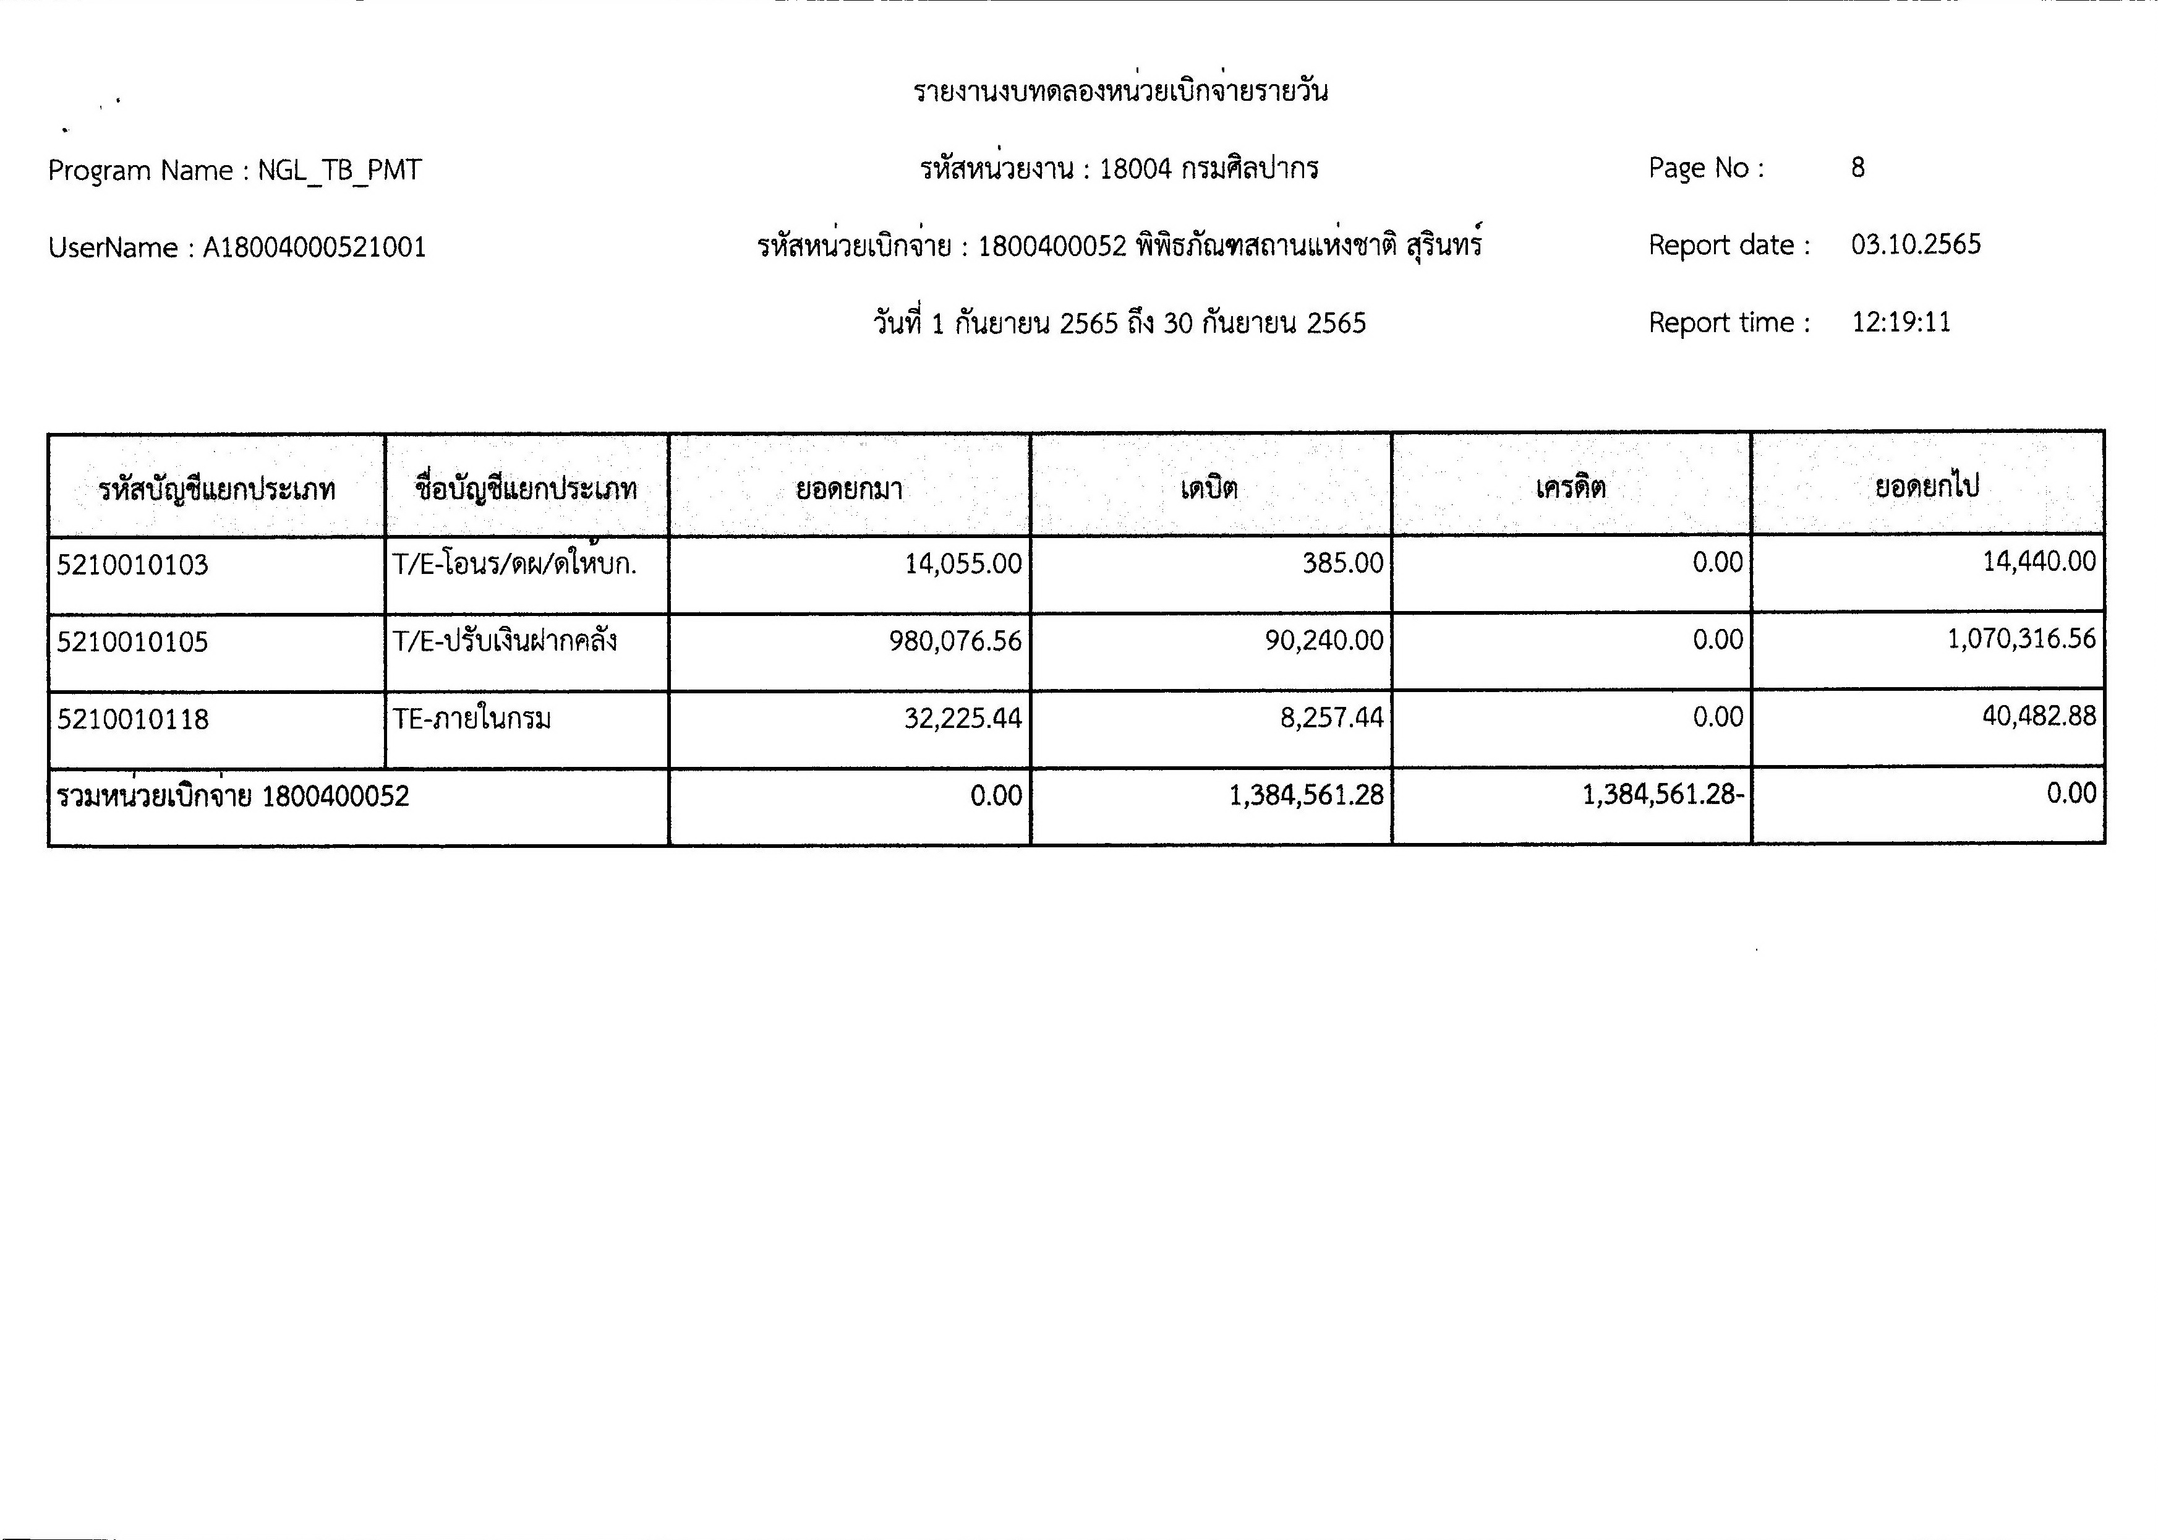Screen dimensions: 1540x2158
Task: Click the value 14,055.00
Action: click(x=962, y=564)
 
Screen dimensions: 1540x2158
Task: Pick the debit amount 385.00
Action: click(x=1342, y=563)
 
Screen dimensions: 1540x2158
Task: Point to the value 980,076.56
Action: click(x=955, y=641)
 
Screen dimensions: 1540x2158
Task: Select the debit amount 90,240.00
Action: click(x=1324, y=640)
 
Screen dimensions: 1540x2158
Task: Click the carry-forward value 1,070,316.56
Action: click(x=2021, y=638)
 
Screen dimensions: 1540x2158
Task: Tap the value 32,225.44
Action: click(x=962, y=718)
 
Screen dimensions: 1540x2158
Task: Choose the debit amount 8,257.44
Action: click(x=1331, y=717)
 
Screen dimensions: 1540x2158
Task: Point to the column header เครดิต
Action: click(x=1570, y=487)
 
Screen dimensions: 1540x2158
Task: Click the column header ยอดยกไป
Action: click(x=1927, y=487)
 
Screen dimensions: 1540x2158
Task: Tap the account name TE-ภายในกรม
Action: click(x=471, y=719)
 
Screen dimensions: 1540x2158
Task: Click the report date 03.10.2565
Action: click(x=1915, y=245)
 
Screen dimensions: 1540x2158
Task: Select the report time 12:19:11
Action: click(x=1901, y=322)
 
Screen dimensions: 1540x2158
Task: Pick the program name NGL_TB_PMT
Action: click(x=339, y=171)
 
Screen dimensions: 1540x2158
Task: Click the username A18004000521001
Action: click(x=315, y=247)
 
